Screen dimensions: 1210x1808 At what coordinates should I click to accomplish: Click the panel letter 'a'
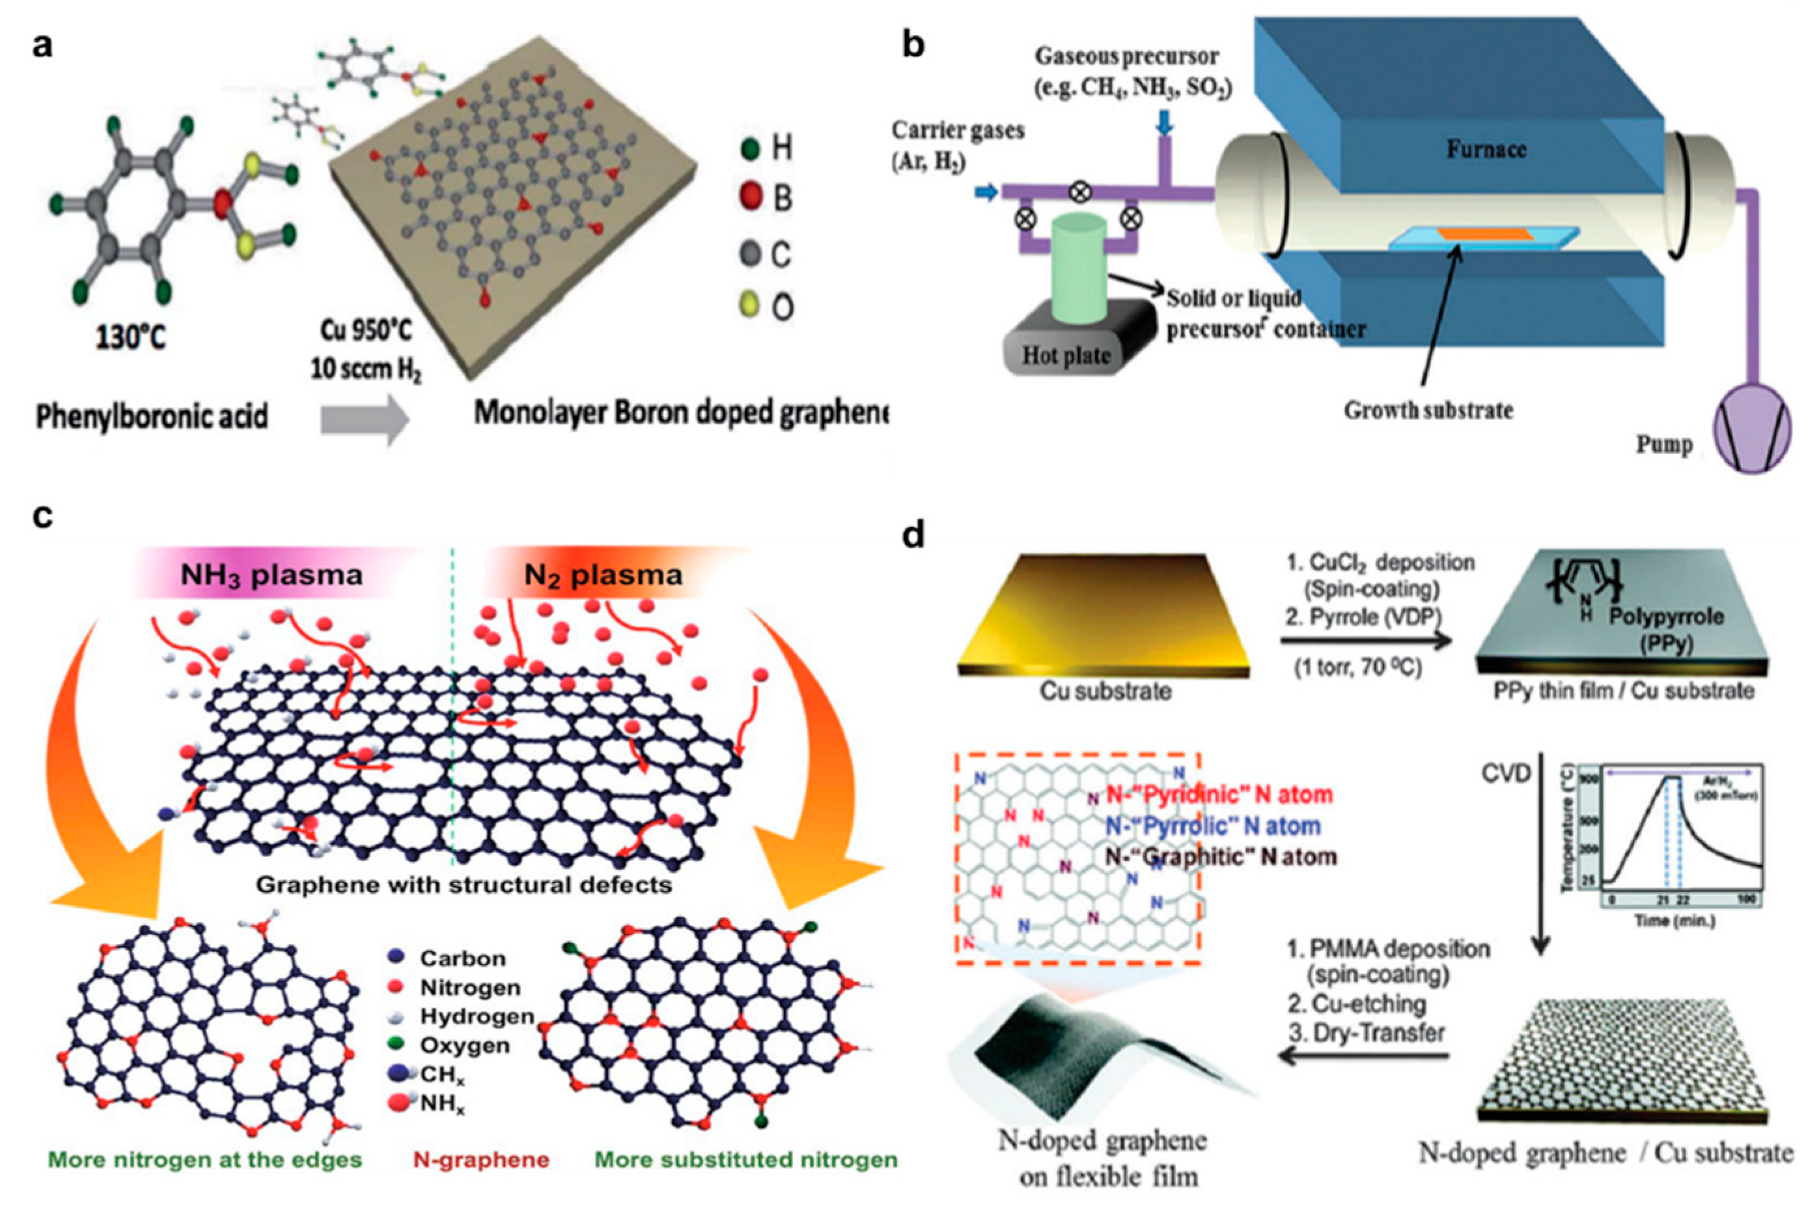click(x=42, y=46)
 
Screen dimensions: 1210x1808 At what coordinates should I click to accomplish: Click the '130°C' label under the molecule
click(x=130, y=337)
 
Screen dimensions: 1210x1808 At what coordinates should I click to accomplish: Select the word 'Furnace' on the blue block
click(x=1486, y=148)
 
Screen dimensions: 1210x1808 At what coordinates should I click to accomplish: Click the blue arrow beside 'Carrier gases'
click(x=986, y=191)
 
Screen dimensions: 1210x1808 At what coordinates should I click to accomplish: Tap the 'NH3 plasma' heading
click(x=271, y=575)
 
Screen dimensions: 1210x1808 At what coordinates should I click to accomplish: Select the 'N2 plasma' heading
click(x=602, y=575)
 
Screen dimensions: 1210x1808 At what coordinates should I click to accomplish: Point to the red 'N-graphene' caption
click(x=481, y=1159)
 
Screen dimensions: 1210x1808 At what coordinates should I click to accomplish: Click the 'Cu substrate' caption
click(x=1105, y=691)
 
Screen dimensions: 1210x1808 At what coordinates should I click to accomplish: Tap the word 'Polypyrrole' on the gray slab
click(x=1665, y=617)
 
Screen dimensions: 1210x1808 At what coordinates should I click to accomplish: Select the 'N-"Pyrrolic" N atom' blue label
click(x=1212, y=826)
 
